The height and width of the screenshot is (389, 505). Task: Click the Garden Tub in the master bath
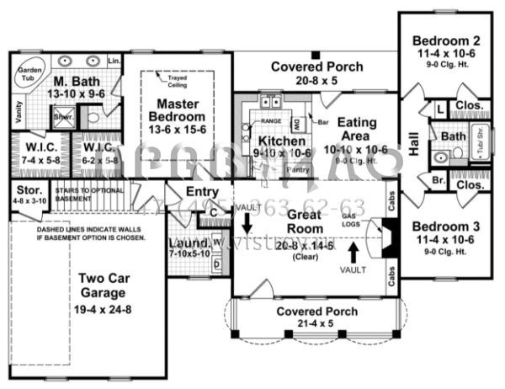[30, 76]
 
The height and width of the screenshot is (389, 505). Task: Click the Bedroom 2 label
[445, 40]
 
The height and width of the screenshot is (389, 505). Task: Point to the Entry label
[203, 193]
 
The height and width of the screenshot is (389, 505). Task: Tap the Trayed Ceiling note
[177, 80]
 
